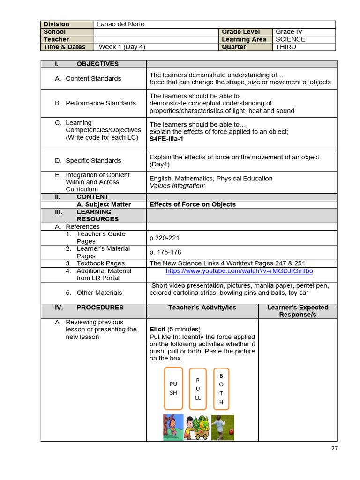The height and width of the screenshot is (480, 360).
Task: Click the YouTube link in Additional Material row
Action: coord(239,271)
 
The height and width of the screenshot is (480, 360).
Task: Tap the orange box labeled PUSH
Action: coord(173,388)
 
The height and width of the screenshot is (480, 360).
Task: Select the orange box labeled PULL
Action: coord(197,389)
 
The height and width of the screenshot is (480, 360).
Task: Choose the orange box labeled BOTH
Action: coord(221,389)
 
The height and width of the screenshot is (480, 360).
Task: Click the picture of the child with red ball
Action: coord(223,427)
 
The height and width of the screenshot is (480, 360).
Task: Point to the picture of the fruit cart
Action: coord(197,427)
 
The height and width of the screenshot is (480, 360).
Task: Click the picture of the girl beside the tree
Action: coord(173,427)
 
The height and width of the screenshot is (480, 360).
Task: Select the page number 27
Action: coord(334,448)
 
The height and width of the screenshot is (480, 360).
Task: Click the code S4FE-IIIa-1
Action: coord(166,139)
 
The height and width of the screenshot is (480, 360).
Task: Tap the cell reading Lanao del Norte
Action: coord(120,24)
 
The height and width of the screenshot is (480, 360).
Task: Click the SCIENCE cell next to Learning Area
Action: coord(290,39)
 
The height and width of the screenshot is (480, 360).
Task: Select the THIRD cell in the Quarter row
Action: coord(286,47)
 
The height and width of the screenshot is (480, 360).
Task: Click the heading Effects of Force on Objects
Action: coord(193,204)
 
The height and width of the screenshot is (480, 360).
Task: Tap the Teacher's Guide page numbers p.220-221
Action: coord(165,238)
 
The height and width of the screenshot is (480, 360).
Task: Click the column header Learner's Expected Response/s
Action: coord(297,311)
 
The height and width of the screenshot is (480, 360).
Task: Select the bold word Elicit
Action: coord(157,329)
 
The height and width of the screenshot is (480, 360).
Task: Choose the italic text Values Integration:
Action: coord(177,186)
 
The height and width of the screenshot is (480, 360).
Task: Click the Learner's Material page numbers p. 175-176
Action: coord(165,252)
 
